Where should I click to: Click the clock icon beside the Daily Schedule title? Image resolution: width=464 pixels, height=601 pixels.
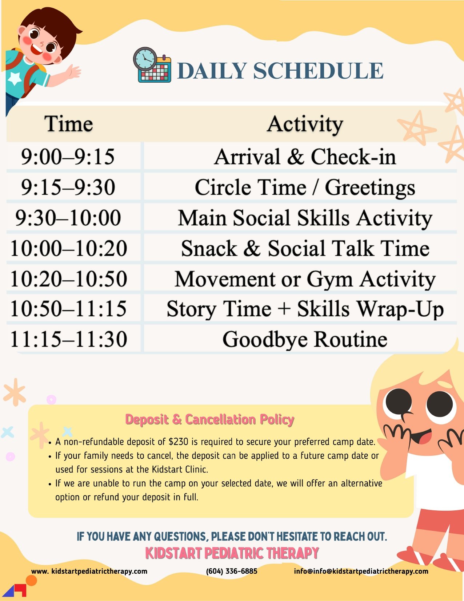pos(145,59)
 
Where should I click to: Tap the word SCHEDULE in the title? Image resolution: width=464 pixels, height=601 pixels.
pos(318,71)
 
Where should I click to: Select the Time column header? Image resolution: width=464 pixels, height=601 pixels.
pos(68,123)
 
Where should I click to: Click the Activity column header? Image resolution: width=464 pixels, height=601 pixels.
pos(305,124)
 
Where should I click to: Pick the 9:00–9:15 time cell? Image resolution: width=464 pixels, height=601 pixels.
pos(68,157)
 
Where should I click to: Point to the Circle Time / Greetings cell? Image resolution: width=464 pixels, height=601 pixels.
pos(305,187)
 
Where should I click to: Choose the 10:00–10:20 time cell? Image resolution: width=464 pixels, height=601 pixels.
pos(69,248)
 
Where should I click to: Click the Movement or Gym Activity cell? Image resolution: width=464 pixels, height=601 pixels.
pos(305,279)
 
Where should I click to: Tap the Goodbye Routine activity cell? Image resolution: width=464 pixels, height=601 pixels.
pos(305,339)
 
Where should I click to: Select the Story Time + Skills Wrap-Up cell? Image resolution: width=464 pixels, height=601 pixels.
pos(305,309)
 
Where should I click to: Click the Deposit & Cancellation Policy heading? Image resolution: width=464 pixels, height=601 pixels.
pos(209,420)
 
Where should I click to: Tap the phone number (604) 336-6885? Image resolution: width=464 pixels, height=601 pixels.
pos(232,571)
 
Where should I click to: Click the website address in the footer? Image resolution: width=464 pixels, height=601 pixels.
pos(89,572)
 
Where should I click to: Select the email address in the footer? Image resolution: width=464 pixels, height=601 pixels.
pos(361,572)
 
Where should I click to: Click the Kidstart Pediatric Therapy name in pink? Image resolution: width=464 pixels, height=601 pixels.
pos(232,553)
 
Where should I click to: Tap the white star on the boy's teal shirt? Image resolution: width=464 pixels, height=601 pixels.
pos(15,78)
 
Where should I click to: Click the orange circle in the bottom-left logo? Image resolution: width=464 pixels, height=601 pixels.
pos(31,580)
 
